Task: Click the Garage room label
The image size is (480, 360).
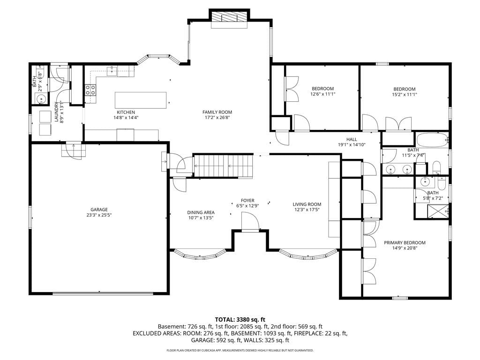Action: point(99,210)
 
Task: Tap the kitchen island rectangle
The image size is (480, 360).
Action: point(141,100)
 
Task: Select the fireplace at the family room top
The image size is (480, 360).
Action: point(229,17)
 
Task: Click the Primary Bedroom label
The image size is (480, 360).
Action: point(405,243)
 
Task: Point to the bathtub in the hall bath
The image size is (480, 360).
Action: point(432,140)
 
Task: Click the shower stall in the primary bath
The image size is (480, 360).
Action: point(438,211)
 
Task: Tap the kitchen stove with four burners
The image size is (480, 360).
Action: point(90,90)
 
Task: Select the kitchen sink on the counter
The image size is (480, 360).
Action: point(112,71)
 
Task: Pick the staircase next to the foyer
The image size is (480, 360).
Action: point(223,166)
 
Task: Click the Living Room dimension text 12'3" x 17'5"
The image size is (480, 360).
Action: point(307,210)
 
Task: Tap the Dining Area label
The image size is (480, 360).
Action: point(201,212)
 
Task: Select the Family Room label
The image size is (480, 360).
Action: point(217,112)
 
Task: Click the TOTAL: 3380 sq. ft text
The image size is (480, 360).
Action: point(240,320)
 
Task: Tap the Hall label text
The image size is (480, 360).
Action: point(352,139)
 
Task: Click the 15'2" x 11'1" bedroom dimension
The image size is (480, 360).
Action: point(405,95)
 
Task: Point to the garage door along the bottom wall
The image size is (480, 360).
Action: point(103,293)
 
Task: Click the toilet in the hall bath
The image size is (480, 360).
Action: point(436,168)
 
